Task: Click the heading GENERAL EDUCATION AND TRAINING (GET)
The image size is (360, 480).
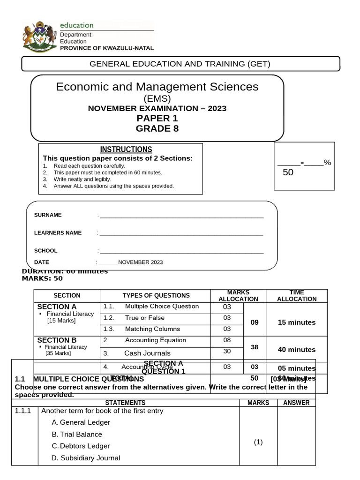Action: click(180, 64)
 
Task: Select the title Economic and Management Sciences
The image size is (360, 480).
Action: click(157, 87)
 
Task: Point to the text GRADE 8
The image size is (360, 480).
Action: click(157, 128)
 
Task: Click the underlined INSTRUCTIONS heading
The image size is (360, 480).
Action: click(126, 150)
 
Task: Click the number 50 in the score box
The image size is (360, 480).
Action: click(288, 172)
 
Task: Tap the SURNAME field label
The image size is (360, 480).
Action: click(48, 215)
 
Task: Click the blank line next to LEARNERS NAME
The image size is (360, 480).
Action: click(181, 233)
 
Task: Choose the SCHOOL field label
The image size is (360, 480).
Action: click(46, 251)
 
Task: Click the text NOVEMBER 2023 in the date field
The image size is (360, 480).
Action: click(140, 262)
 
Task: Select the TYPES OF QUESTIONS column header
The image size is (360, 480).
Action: click(156, 295)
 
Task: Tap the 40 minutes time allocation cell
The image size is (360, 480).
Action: click(296, 349)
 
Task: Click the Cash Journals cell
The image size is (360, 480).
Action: click(147, 353)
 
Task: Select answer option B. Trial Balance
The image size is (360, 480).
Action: click(77, 435)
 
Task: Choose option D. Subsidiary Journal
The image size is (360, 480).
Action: click(86, 458)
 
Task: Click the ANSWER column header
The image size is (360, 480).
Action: click(296, 403)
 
